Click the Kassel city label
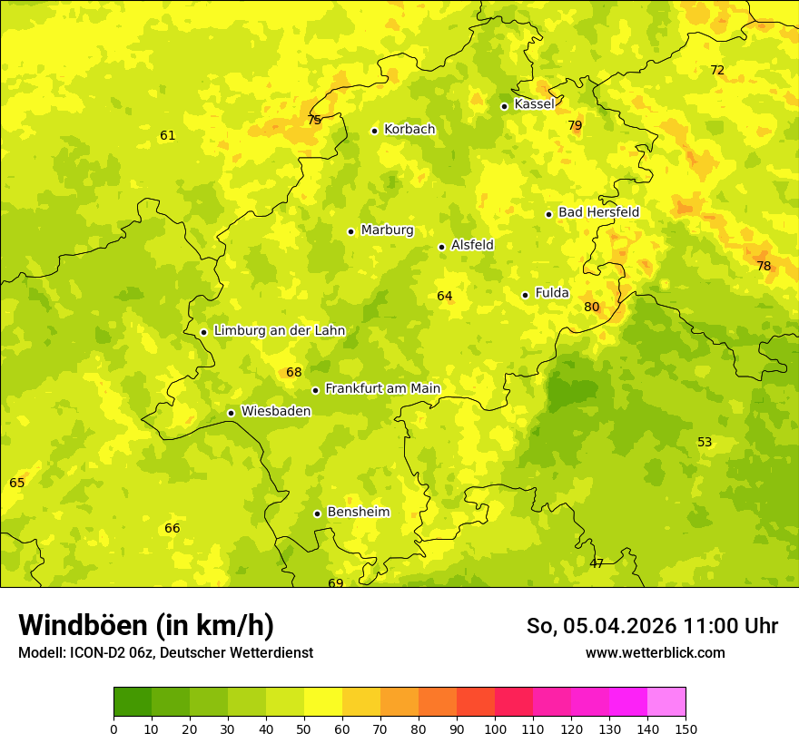click(x=534, y=104)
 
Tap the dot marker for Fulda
click(x=525, y=295)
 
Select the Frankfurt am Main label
click(x=382, y=389)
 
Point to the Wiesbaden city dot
click(x=231, y=413)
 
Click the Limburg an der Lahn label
click(x=279, y=331)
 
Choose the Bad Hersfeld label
click(x=598, y=212)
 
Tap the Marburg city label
click(x=387, y=230)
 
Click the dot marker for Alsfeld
click(x=441, y=247)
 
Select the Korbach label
click(x=409, y=130)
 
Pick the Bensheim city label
click(x=358, y=513)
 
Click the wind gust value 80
click(x=591, y=308)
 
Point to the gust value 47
click(x=597, y=564)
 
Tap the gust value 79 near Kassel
click(x=575, y=126)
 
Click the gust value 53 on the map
click(x=705, y=443)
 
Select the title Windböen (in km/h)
click(x=146, y=625)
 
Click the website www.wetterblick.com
click(x=655, y=652)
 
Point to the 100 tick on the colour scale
click(x=495, y=729)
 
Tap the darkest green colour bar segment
click(x=133, y=702)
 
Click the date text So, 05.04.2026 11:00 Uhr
click(x=652, y=626)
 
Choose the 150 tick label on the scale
click(x=686, y=729)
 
